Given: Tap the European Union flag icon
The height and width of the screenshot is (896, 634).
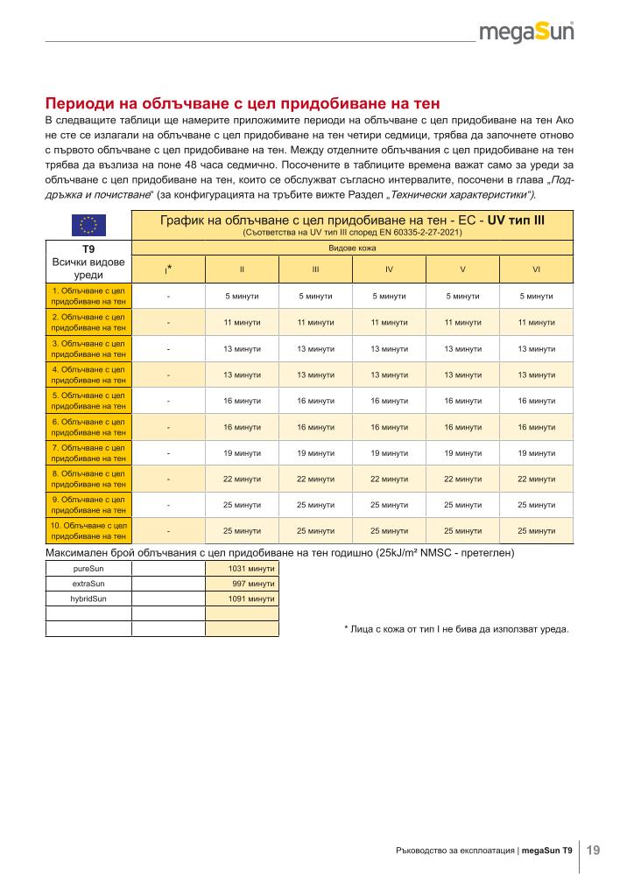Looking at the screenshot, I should coord(88,224).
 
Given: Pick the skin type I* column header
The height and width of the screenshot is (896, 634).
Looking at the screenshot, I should coord(168,269).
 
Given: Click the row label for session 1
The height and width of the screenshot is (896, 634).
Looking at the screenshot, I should coord(88,296).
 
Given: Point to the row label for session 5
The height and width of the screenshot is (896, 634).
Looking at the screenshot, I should coord(88,400).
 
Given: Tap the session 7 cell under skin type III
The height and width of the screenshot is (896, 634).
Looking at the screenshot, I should coord(315,452).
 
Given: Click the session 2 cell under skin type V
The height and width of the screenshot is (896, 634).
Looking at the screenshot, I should coord(462,322).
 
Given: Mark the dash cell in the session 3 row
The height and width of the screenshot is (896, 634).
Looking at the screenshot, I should coord(168,348).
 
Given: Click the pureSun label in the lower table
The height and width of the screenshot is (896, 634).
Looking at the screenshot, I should coord(88,569).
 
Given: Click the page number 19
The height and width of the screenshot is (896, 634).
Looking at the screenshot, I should coord(593,850).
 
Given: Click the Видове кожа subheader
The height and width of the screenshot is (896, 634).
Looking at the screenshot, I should coord(352,249).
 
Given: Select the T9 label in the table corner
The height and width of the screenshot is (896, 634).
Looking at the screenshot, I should coord(88,248).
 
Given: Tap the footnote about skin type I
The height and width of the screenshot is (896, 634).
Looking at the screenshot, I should coord(456,628).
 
